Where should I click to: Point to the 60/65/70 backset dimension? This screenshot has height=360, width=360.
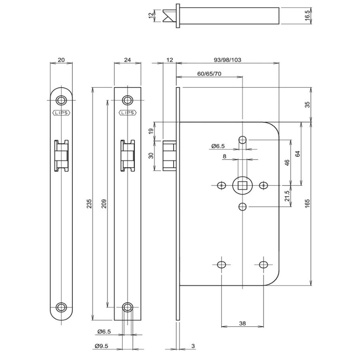(x=209, y=74)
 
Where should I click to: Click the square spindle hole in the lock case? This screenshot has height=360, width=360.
(x=242, y=185)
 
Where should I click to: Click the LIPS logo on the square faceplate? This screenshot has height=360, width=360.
(x=128, y=113)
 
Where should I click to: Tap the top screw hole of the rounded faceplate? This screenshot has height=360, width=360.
(x=61, y=100)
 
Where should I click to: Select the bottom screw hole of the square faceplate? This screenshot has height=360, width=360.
(x=128, y=307)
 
